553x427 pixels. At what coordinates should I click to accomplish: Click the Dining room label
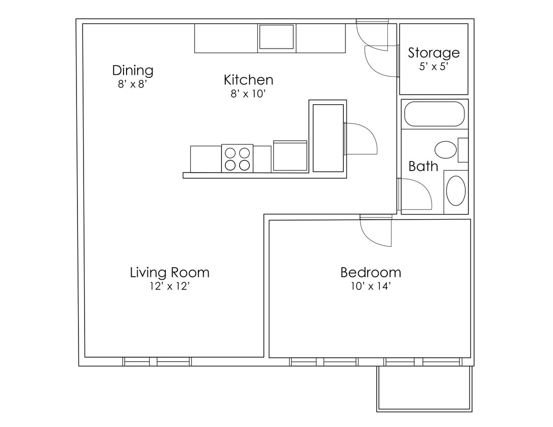[x=133, y=70]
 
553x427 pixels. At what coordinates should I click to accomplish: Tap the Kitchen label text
[x=248, y=80]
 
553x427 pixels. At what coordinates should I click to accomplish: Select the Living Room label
[x=170, y=273]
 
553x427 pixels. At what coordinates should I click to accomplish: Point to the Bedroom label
[x=371, y=273]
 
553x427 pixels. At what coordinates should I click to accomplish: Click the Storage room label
[x=434, y=53]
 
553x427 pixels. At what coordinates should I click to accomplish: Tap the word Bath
[x=423, y=166]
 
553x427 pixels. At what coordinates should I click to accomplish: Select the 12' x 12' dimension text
[x=170, y=287]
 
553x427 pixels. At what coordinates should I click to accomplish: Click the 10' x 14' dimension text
[x=371, y=287]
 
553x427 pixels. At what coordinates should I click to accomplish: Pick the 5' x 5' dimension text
[x=434, y=67]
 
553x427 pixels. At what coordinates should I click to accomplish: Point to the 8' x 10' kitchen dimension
[x=248, y=94]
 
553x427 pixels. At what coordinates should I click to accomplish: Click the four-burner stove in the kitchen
[x=237, y=158]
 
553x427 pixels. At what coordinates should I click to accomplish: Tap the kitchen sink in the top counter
[x=276, y=36]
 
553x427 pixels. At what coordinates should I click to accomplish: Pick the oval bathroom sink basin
[x=456, y=191]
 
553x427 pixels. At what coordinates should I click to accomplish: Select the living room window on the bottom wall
[x=157, y=361]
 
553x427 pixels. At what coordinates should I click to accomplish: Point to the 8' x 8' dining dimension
[x=133, y=84]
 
